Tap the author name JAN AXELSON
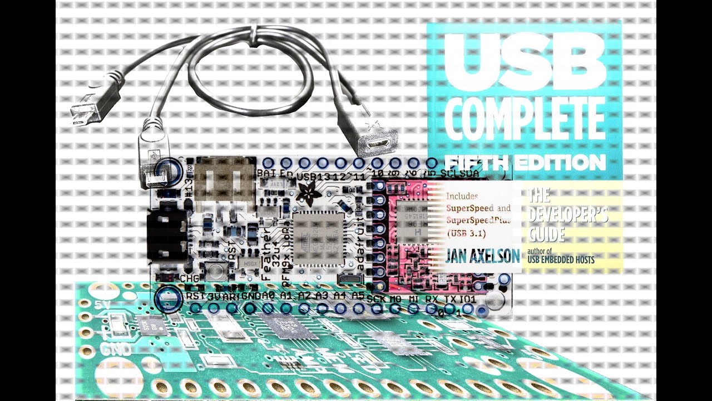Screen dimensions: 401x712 tap(482, 256)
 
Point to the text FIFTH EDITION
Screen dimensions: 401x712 tap(525, 163)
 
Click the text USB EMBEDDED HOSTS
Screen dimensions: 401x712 tap(561, 260)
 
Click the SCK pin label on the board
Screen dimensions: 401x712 tap(377, 298)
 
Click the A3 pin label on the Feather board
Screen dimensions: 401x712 tap(322, 296)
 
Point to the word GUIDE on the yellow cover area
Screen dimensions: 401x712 tap(546, 234)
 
